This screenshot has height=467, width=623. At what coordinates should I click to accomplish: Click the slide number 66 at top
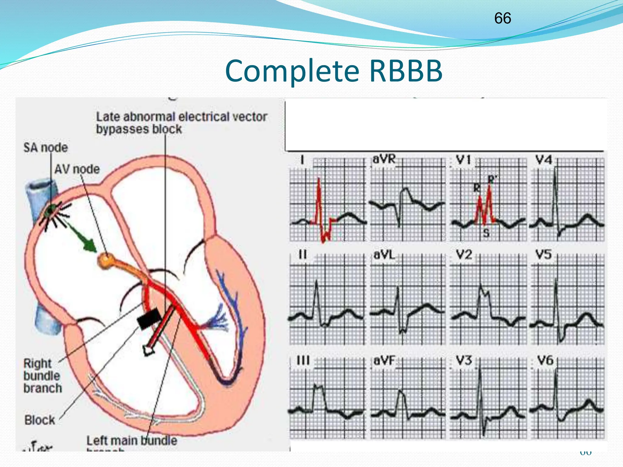pyautogui.click(x=503, y=18)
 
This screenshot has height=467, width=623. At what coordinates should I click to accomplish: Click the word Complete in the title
pyautogui.click(x=292, y=71)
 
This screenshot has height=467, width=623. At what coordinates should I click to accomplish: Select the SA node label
pyautogui.click(x=46, y=148)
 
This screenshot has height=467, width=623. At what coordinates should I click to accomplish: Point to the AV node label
pyautogui.click(x=77, y=169)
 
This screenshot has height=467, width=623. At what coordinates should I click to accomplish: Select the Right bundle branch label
pyautogui.click(x=42, y=376)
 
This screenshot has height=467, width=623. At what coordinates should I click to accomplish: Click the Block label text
pyautogui.click(x=40, y=420)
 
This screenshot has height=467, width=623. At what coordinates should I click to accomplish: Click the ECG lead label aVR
pyautogui.click(x=384, y=159)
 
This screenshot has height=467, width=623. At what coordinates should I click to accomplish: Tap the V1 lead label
pyautogui.click(x=463, y=160)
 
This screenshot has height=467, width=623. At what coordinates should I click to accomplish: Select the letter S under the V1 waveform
pyautogui.click(x=486, y=233)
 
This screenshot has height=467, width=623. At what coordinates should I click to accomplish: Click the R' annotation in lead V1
pyautogui.click(x=492, y=179)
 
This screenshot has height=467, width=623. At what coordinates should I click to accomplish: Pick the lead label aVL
pyautogui.click(x=384, y=255)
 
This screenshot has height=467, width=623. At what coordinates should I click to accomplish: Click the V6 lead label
pyautogui.click(x=545, y=361)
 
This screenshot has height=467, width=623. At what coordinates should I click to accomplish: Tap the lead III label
pyautogui.click(x=303, y=361)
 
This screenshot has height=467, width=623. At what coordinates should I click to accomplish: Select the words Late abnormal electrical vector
pyautogui.click(x=182, y=117)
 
